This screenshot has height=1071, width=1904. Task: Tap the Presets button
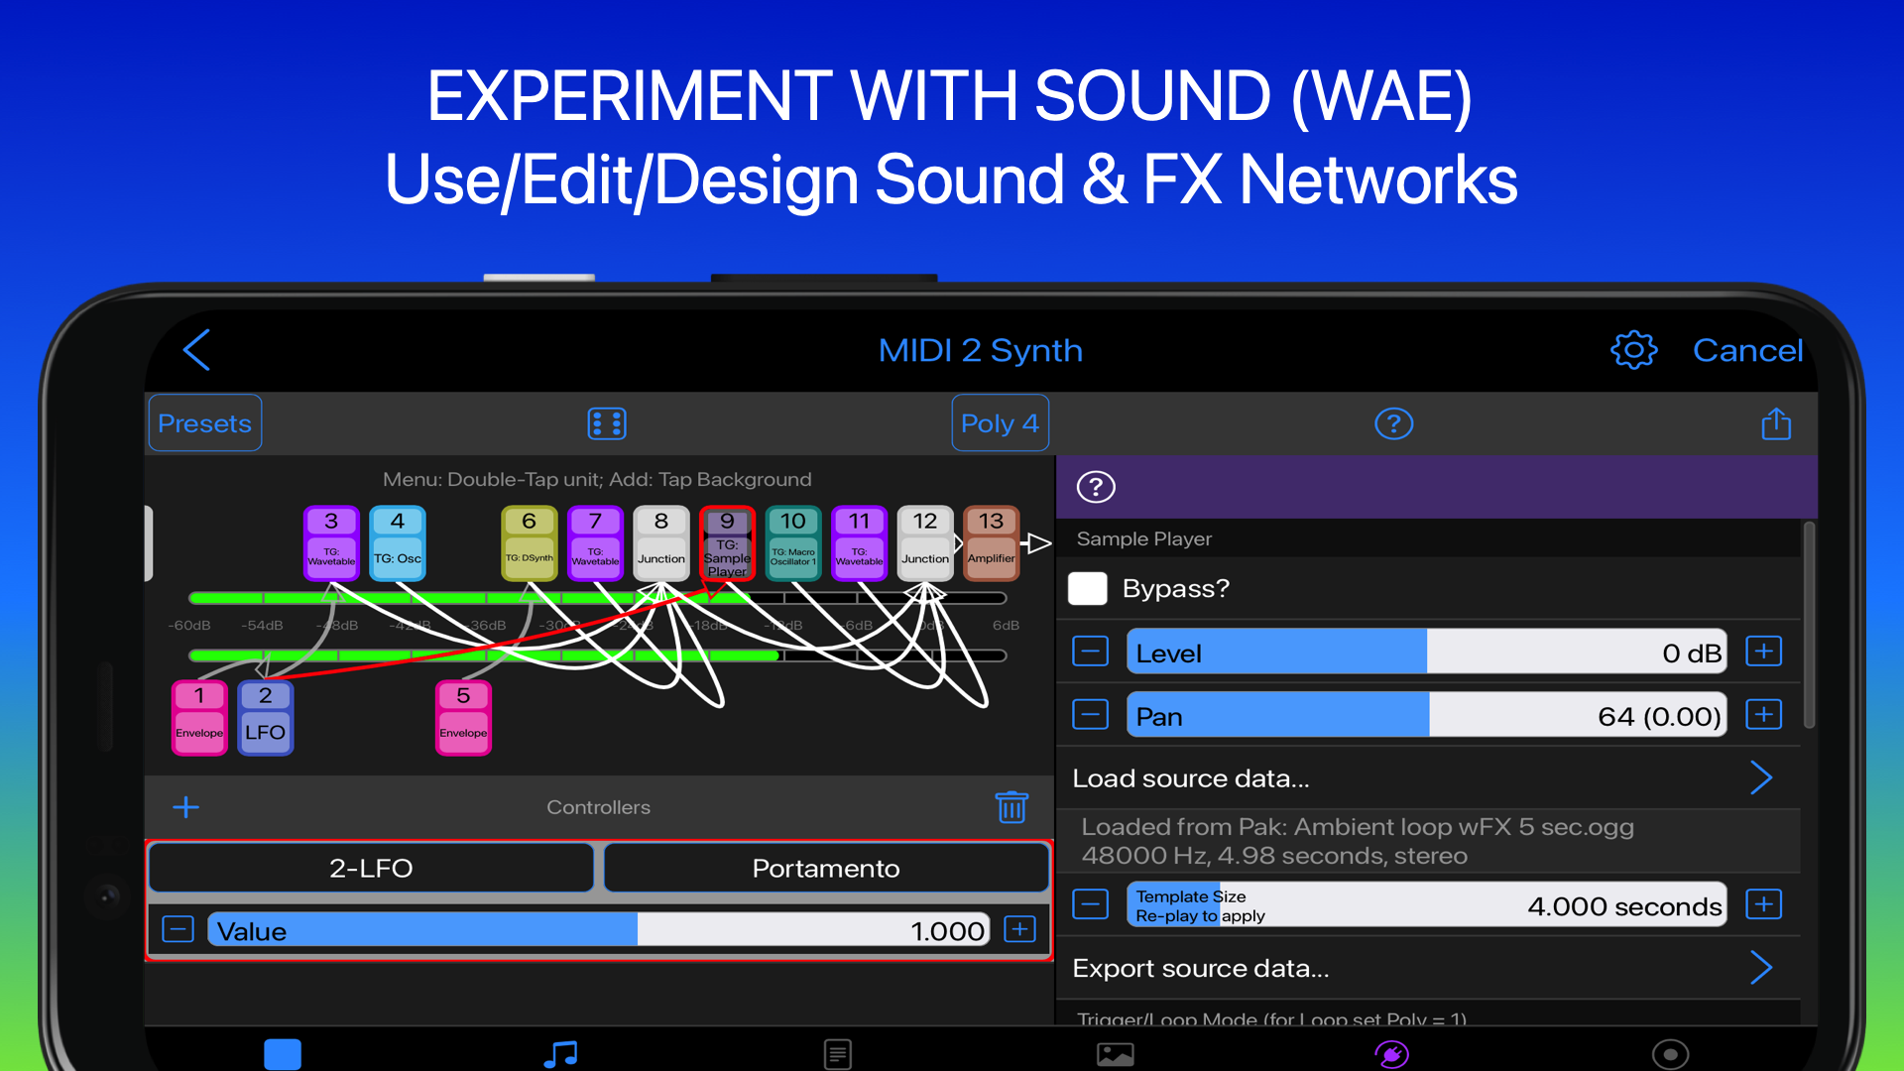[x=204, y=423]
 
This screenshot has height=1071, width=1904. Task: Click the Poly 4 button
[x=1000, y=423]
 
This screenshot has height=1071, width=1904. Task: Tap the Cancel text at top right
[x=1746, y=350]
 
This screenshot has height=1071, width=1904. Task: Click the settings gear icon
[x=1633, y=350]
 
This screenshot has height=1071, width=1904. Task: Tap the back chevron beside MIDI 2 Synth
[x=197, y=350]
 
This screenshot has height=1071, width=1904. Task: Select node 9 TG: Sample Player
[x=727, y=542]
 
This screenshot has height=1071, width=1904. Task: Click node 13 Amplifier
[x=991, y=542]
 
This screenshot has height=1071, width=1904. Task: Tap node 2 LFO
[x=265, y=719]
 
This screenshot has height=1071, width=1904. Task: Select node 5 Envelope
[x=463, y=719]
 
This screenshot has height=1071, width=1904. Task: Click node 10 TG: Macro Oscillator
[x=792, y=542]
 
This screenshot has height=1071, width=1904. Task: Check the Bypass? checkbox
[x=1088, y=588]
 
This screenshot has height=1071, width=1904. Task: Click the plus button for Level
[x=1764, y=652]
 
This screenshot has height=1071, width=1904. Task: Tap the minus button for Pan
[x=1091, y=715]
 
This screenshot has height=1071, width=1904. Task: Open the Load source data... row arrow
[x=1760, y=778]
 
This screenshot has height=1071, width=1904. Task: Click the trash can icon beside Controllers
[x=1011, y=807]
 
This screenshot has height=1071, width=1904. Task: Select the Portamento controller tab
[x=825, y=869]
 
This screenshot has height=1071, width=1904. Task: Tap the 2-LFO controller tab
[x=371, y=869]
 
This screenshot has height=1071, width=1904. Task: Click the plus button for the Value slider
[x=1019, y=929]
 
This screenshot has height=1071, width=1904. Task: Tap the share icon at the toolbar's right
[x=1775, y=423]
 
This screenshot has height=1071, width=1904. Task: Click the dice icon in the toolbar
[x=606, y=423]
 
